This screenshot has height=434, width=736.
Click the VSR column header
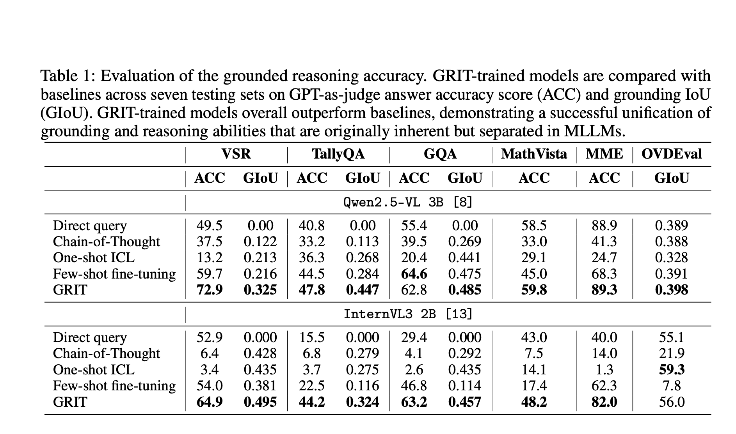coord(236,154)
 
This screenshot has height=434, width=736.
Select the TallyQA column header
coord(338,154)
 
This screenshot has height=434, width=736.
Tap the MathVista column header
coord(534,154)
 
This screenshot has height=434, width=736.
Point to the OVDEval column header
coord(672,154)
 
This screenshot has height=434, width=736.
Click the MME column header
coord(604,154)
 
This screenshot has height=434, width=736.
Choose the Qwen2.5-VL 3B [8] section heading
coord(408,202)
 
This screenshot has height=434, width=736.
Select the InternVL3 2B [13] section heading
coord(408,314)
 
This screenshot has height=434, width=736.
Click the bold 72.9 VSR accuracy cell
coord(210,290)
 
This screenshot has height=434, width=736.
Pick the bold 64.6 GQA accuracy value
coord(414,274)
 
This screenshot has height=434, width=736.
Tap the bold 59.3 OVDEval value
coord(672,370)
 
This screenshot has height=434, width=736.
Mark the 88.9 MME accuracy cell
coord(604,226)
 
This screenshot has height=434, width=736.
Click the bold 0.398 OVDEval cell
coord(672,290)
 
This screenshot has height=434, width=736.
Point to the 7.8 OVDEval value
coord(672,386)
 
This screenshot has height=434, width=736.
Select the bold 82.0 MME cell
coord(604,402)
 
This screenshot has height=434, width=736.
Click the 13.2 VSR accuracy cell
coord(210,258)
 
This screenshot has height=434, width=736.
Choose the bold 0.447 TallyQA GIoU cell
coord(363,290)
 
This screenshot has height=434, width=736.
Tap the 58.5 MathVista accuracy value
coord(534,226)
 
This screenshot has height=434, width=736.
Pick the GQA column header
coord(440,154)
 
